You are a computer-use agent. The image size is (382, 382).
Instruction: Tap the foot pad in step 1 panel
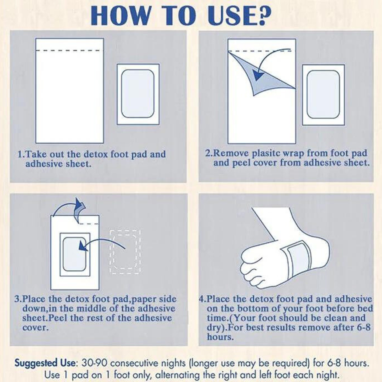pos(138,94)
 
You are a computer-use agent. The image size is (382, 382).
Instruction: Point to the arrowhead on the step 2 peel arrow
pos(258,75)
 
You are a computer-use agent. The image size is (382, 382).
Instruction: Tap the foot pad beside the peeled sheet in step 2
pos(323,95)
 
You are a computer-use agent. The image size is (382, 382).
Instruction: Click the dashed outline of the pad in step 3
pos(125,252)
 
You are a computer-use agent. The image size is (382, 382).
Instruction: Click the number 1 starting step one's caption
pos(21,154)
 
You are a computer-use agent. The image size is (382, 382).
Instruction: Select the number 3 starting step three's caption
pos(17,299)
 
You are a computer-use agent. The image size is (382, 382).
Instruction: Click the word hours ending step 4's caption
pos(220,337)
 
